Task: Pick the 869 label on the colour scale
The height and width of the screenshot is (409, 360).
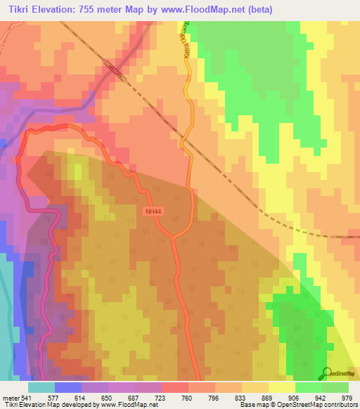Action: tap(268, 397)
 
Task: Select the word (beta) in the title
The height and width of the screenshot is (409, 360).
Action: tap(255, 9)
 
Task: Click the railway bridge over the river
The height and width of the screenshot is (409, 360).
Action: tap(114, 70)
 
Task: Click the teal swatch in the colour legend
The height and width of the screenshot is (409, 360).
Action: tap(41, 387)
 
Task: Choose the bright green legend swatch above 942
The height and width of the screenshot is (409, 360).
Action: tap(309, 387)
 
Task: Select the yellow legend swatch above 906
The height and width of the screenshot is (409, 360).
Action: tap(282, 387)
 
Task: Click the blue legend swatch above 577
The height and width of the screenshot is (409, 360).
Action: tap(68, 387)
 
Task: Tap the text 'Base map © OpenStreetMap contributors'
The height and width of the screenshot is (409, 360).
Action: tap(299, 405)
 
